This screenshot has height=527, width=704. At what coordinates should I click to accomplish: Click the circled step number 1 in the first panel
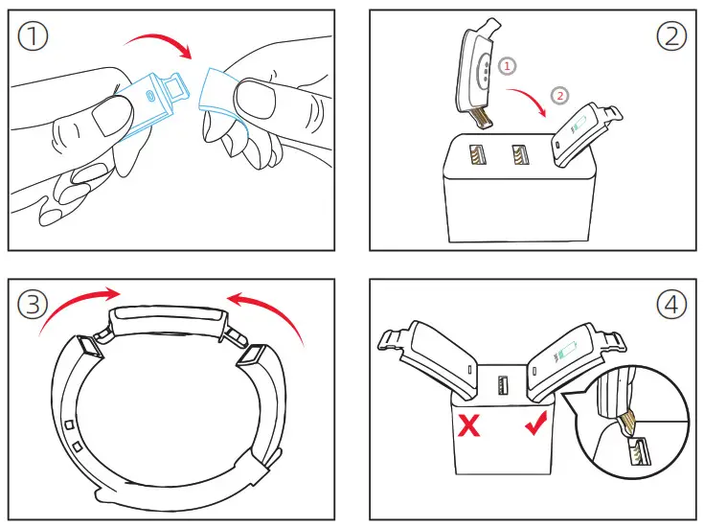click(x=36, y=38)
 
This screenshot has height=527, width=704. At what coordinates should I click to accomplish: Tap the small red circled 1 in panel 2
click(x=509, y=65)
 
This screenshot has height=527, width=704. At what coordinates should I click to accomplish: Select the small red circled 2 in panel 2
click(x=560, y=95)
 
